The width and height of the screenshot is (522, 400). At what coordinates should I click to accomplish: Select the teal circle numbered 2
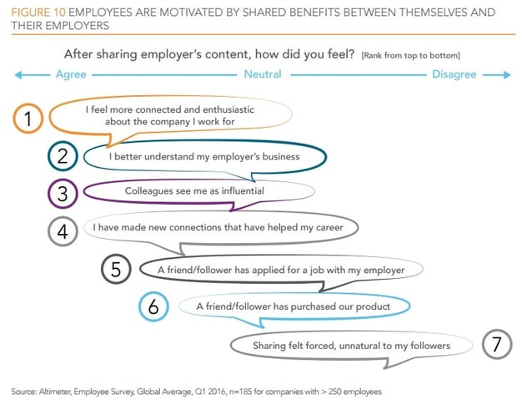click(63, 156)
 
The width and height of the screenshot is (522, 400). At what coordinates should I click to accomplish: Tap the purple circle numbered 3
click(63, 191)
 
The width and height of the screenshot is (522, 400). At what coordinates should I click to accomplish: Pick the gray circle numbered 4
click(63, 227)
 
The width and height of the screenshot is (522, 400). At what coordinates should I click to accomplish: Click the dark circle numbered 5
click(117, 269)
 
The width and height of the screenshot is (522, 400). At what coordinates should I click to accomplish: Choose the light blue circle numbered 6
click(153, 306)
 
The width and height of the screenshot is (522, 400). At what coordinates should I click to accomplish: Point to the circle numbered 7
click(497, 344)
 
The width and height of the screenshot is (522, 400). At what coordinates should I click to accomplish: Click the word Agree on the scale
click(71, 74)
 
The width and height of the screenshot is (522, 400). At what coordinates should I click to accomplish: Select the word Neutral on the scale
click(262, 74)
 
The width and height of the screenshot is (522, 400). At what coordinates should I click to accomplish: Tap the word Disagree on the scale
click(454, 74)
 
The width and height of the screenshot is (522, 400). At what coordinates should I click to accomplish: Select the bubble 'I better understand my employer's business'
click(203, 156)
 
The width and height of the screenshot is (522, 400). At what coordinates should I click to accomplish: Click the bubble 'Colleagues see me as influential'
click(194, 191)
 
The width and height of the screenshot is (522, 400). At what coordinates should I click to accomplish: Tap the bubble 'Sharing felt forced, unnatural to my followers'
click(351, 345)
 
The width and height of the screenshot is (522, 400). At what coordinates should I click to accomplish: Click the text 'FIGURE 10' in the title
click(38, 13)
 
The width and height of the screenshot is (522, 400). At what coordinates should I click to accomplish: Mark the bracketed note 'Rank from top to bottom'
click(410, 54)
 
